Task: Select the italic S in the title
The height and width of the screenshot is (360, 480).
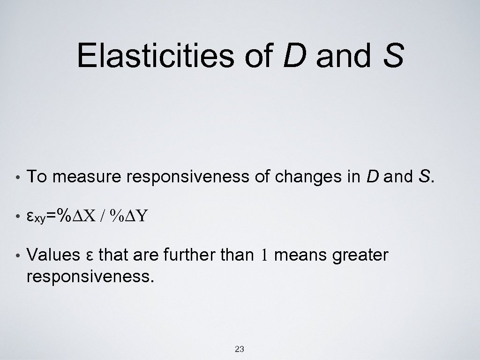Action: pos(393,55)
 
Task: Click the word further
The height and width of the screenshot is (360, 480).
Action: pos(185,255)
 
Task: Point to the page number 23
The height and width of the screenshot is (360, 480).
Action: pos(239,349)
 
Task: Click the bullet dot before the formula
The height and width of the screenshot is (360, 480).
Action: pos(17,217)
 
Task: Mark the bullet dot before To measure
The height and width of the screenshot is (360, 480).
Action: pos(17,178)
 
